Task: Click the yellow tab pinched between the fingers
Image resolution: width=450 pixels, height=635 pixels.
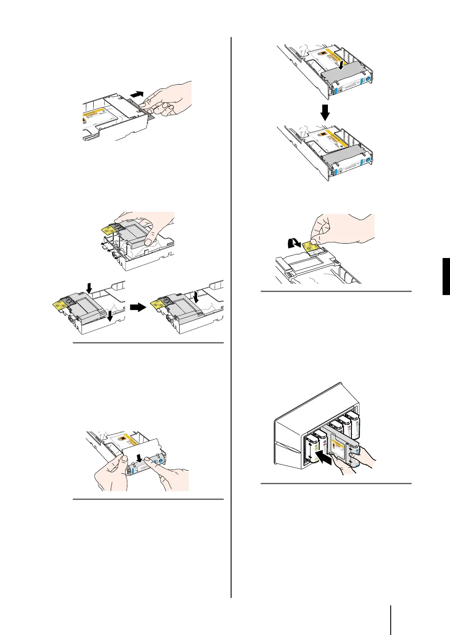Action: point(314,247)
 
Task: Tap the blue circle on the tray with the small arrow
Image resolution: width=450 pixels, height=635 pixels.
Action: point(367,79)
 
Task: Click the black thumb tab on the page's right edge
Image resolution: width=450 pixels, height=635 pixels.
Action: point(446,276)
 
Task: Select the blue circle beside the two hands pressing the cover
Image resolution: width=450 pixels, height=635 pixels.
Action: point(161,459)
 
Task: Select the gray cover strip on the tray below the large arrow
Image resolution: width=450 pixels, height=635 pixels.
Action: point(345,150)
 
